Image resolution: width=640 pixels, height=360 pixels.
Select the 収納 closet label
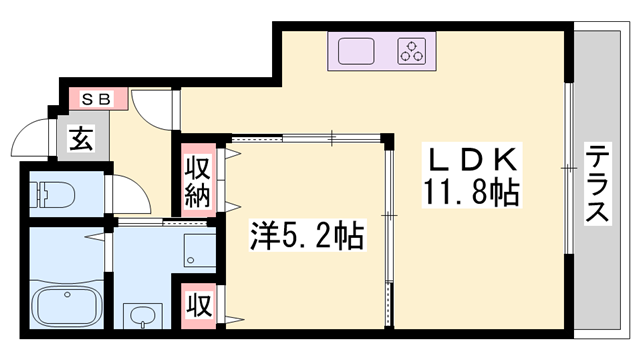click(x=195, y=179)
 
